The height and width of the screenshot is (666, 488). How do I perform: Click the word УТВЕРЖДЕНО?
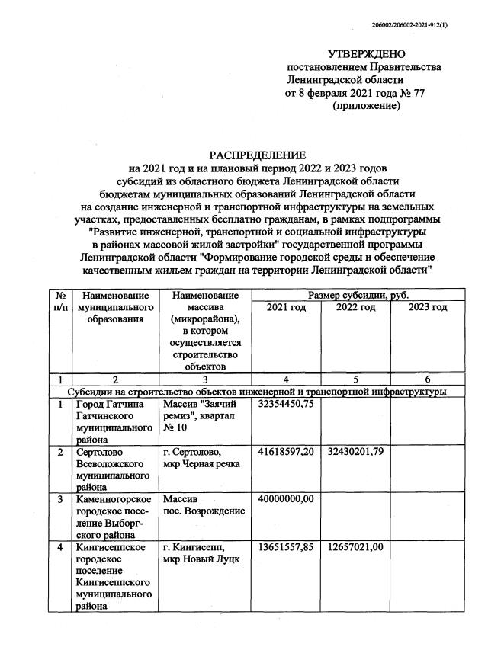[x=363, y=54]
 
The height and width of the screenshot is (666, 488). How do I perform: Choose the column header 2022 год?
[x=355, y=306]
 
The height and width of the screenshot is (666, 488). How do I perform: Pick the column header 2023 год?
[x=427, y=306]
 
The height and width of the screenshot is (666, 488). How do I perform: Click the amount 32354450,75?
[x=286, y=404]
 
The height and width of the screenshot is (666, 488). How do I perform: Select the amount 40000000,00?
[x=286, y=498]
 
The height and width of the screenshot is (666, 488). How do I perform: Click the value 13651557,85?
[x=286, y=546]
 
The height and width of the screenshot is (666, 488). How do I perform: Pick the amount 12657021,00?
[x=355, y=546]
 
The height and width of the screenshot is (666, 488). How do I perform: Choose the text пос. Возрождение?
[x=203, y=511]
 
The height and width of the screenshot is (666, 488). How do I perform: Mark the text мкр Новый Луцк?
[x=201, y=559]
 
